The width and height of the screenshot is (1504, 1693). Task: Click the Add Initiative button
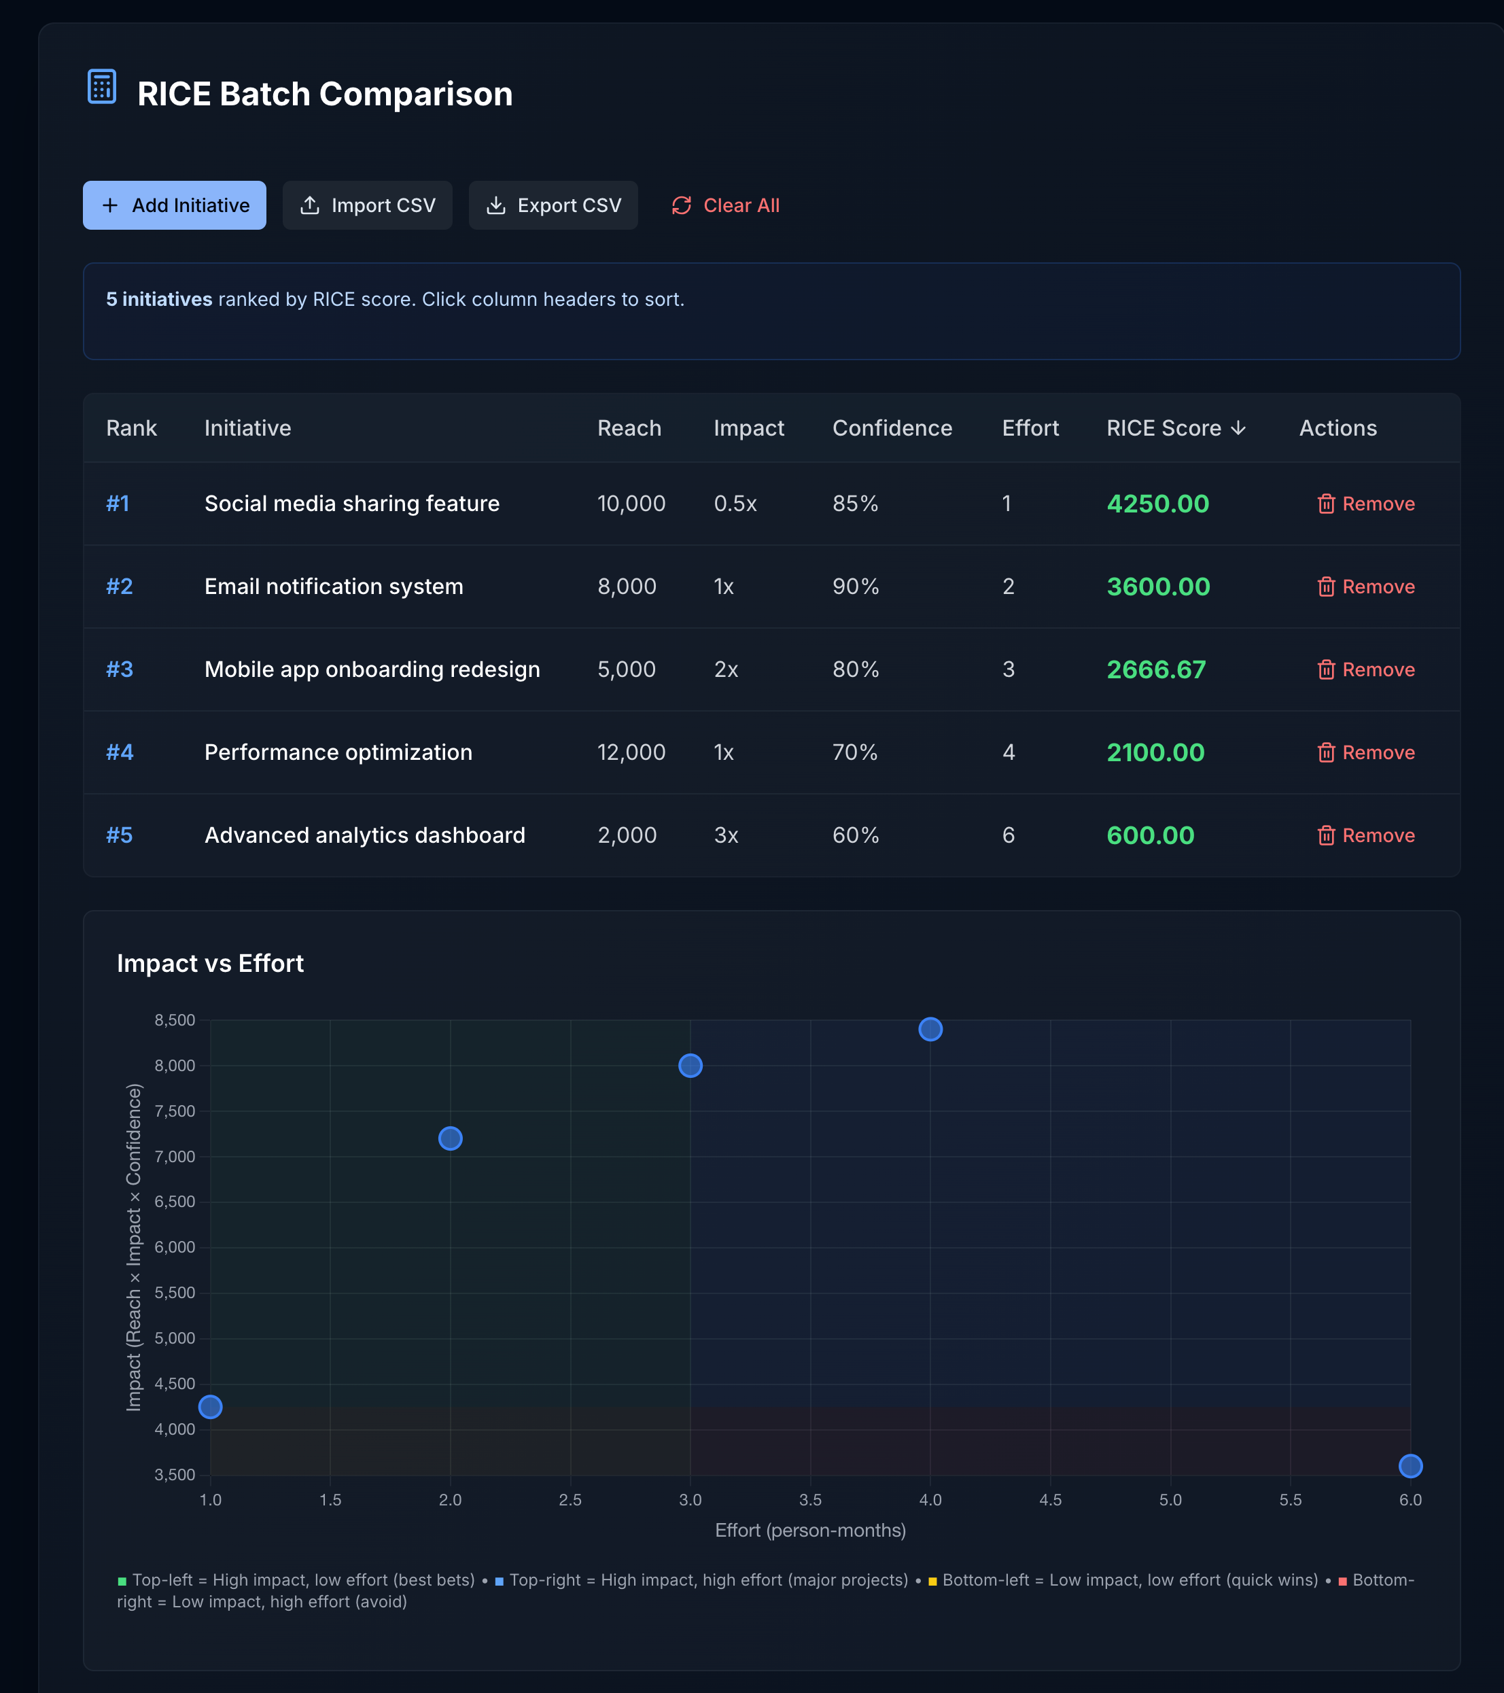pyautogui.click(x=174, y=205)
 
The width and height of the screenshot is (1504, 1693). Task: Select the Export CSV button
pyautogui.click(x=553, y=205)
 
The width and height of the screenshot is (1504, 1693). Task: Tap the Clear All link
pyautogui.click(x=726, y=205)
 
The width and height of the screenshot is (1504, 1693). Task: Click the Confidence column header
pyautogui.click(x=891, y=428)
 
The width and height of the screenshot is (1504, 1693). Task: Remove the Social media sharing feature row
pyautogui.click(x=1365, y=504)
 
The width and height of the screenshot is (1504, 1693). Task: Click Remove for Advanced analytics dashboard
pyautogui.click(x=1365, y=835)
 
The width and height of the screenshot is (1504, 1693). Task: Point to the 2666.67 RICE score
pyautogui.click(x=1155, y=669)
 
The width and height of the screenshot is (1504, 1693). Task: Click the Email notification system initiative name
pyautogui.click(x=333, y=587)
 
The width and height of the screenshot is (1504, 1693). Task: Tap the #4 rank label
pyautogui.click(x=119, y=752)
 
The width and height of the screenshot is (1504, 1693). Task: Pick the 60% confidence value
pyautogui.click(x=855, y=835)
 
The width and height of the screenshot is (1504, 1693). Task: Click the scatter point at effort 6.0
pyautogui.click(x=1410, y=1466)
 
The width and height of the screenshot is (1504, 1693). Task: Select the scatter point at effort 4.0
pyautogui.click(x=930, y=1030)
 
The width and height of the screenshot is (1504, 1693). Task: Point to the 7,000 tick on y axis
pyautogui.click(x=175, y=1156)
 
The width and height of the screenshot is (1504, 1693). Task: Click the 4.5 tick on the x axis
pyautogui.click(x=1050, y=1500)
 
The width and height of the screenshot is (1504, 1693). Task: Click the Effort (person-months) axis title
pyautogui.click(x=810, y=1530)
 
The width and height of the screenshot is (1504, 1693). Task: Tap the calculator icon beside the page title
pyautogui.click(x=102, y=87)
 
